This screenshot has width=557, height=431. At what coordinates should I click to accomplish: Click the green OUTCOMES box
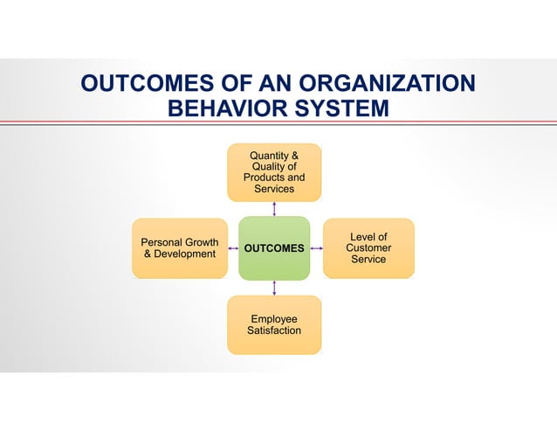coord(274,248)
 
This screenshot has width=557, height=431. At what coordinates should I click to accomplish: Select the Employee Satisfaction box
coord(274,325)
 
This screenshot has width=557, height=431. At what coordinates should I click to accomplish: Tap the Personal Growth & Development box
coord(179,248)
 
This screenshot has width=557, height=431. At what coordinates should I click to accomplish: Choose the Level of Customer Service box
coord(368,248)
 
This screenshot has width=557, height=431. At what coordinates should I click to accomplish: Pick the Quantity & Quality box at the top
coord(274,172)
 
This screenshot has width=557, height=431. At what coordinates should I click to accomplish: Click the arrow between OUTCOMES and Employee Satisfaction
coord(274,288)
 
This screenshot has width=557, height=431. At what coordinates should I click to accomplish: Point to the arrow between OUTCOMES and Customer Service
coord(317,248)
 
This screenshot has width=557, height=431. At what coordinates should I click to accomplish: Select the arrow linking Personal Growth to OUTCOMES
coord(232,248)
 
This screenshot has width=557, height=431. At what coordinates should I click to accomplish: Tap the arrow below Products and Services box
coord(274,209)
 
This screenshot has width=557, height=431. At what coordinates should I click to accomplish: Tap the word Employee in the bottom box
coord(274,319)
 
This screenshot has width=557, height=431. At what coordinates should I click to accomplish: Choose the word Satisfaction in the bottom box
coord(274,330)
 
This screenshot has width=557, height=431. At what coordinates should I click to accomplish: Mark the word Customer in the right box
coord(368,248)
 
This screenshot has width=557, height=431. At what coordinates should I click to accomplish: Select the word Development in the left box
coord(185,254)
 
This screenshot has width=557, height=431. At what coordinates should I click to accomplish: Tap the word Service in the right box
coord(368,260)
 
